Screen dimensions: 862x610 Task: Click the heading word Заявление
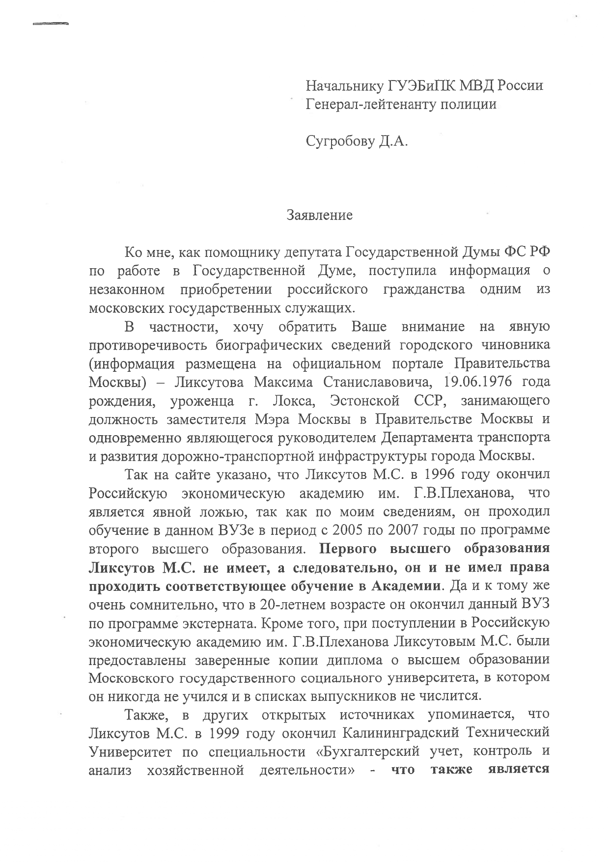pos(320,215)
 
